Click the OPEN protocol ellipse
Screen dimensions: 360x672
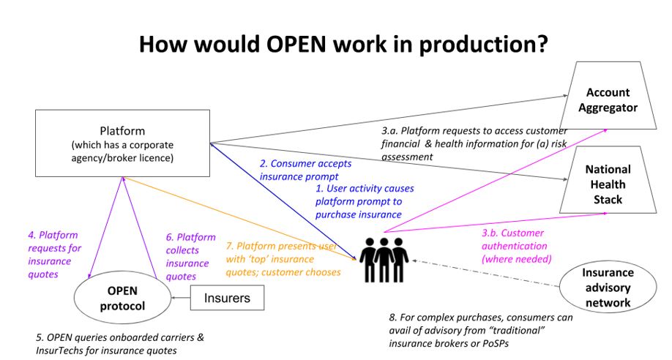pos(122,299)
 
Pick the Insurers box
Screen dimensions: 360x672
pos(226,298)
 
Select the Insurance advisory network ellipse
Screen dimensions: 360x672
pos(608,288)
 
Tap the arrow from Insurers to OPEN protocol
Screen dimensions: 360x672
pos(179,299)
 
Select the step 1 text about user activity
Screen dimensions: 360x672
pos(359,201)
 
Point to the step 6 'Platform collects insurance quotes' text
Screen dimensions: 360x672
pos(191,257)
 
